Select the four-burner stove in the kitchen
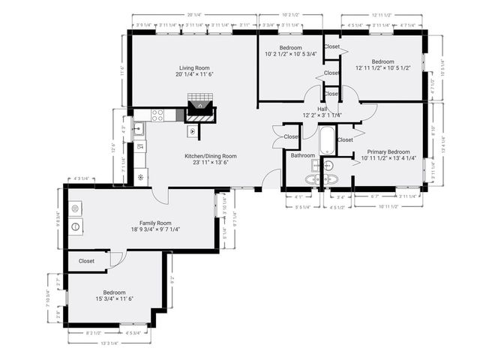[157, 115]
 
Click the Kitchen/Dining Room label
[216, 156]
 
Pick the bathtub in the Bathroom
[328, 140]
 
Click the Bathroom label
[303, 155]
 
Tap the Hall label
[322, 109]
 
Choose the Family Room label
[155, 223]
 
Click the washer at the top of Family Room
[75, 208]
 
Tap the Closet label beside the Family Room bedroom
[87, 261]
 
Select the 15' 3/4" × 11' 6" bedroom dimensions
[109, 298]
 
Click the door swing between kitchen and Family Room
[159, 194]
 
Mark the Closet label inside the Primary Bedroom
[345, 139]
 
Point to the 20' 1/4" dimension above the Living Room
[194, 13]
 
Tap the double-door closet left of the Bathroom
[290, 137]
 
